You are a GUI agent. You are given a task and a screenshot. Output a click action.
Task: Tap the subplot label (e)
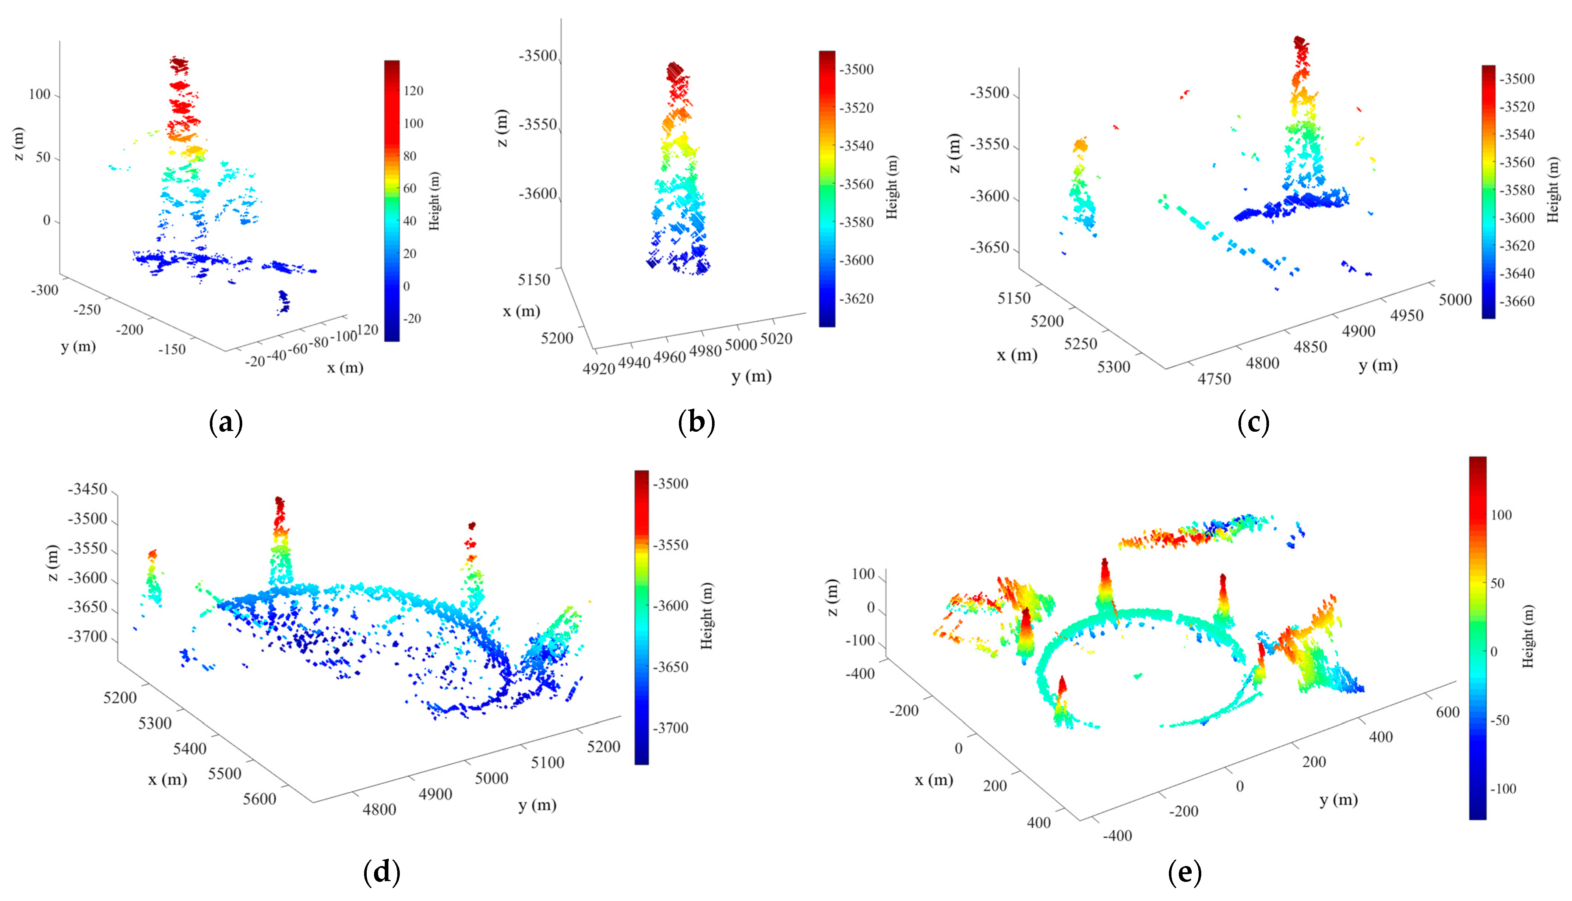(1184, 873)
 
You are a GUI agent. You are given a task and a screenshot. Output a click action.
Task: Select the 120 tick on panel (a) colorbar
(413, 91)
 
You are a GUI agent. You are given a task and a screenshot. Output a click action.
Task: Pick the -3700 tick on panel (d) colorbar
(671, 728)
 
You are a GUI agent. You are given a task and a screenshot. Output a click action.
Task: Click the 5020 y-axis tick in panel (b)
(775, 339)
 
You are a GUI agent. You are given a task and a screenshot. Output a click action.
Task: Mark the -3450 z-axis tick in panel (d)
(87, 490)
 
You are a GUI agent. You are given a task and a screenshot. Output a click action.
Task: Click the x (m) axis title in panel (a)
(345, 368)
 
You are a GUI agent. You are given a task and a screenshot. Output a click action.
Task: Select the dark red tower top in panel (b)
(674, 70)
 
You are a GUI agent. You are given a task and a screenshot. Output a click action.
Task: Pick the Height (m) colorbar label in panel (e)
(1528, 636)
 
